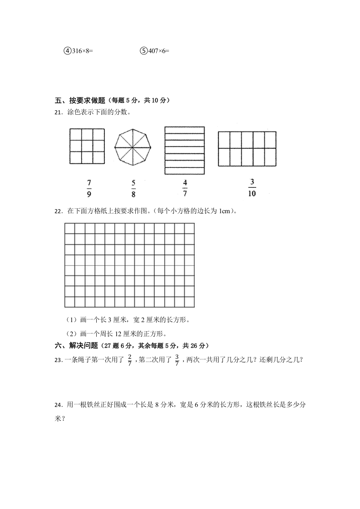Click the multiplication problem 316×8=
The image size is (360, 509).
[x=82, y=51]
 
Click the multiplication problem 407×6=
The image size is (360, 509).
[x=158, y=51]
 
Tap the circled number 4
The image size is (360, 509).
[x=67, y=51]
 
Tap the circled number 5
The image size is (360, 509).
[x=143, y=51]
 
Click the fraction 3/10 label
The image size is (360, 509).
[x=252, y=188]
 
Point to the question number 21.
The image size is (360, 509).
[x=58, y=113]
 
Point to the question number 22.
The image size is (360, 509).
[x=58, y=211]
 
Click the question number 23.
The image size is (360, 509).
[x=58, y=360]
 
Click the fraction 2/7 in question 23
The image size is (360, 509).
[x=130, y=360]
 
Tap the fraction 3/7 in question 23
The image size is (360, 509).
[x=177, y=360]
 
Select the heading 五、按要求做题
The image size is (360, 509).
[x=80, y=101]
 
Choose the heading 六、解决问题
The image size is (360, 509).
[x=76, y=346]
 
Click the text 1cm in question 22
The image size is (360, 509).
[x=226, y=211]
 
